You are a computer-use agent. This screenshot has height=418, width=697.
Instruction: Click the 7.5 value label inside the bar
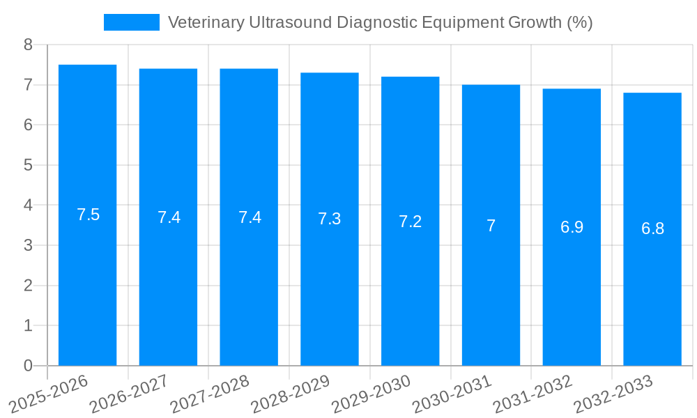point(89,215)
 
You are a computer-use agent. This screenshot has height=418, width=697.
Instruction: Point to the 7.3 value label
point(330,219)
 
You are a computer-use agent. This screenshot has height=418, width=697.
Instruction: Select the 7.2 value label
point(411,222)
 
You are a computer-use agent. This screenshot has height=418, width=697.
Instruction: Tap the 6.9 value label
point(572,227)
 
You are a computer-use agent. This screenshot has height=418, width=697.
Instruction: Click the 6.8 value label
point(653,229)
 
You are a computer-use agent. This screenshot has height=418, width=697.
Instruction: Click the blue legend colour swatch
point(132,22)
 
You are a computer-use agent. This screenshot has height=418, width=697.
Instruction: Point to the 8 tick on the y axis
point(29,45)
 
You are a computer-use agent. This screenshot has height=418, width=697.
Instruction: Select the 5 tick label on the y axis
point(29,165)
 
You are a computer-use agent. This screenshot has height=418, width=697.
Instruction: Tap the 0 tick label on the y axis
point(29,366)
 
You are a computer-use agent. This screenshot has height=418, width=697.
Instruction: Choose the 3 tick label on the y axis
point(29,245)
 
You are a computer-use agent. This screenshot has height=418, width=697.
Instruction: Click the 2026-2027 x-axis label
point(130,394)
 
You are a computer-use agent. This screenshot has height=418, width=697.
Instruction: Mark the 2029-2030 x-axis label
point(372,394)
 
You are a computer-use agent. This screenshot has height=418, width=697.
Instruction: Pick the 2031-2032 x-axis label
point(534,394)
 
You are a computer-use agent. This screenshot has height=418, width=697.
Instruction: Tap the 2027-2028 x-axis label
point(210,394)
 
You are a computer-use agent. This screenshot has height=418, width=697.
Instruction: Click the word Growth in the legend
point(533,22)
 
